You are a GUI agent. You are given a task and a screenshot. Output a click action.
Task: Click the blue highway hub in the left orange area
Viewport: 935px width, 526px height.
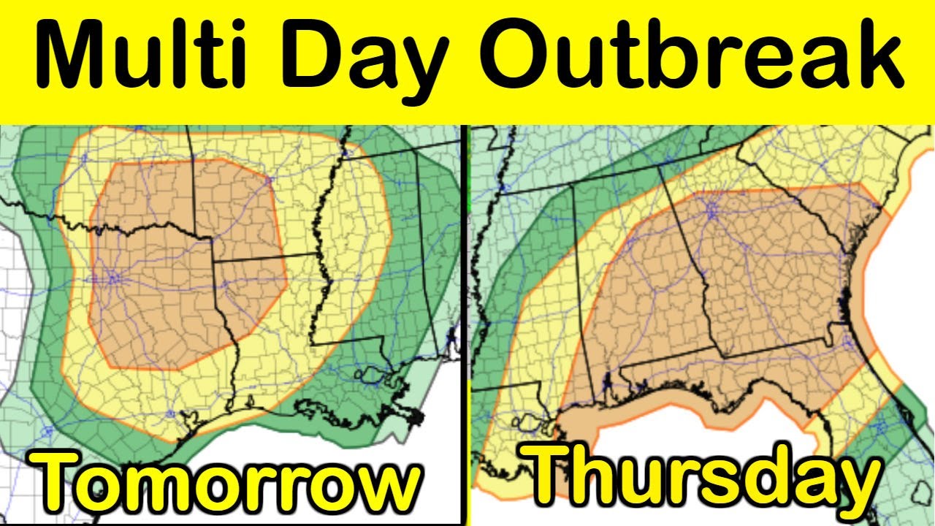pyautogui.click(x=113, y=278)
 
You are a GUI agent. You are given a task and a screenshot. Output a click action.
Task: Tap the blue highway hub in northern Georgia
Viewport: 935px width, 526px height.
pyautogui.click(x=711, y=211)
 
